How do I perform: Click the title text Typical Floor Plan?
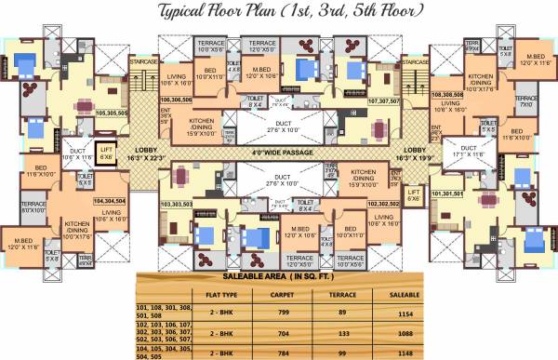pos(279,11)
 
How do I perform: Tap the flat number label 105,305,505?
pos(113,112)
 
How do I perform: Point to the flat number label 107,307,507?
pos(383,100)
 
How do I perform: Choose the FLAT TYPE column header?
pos(212,295)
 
